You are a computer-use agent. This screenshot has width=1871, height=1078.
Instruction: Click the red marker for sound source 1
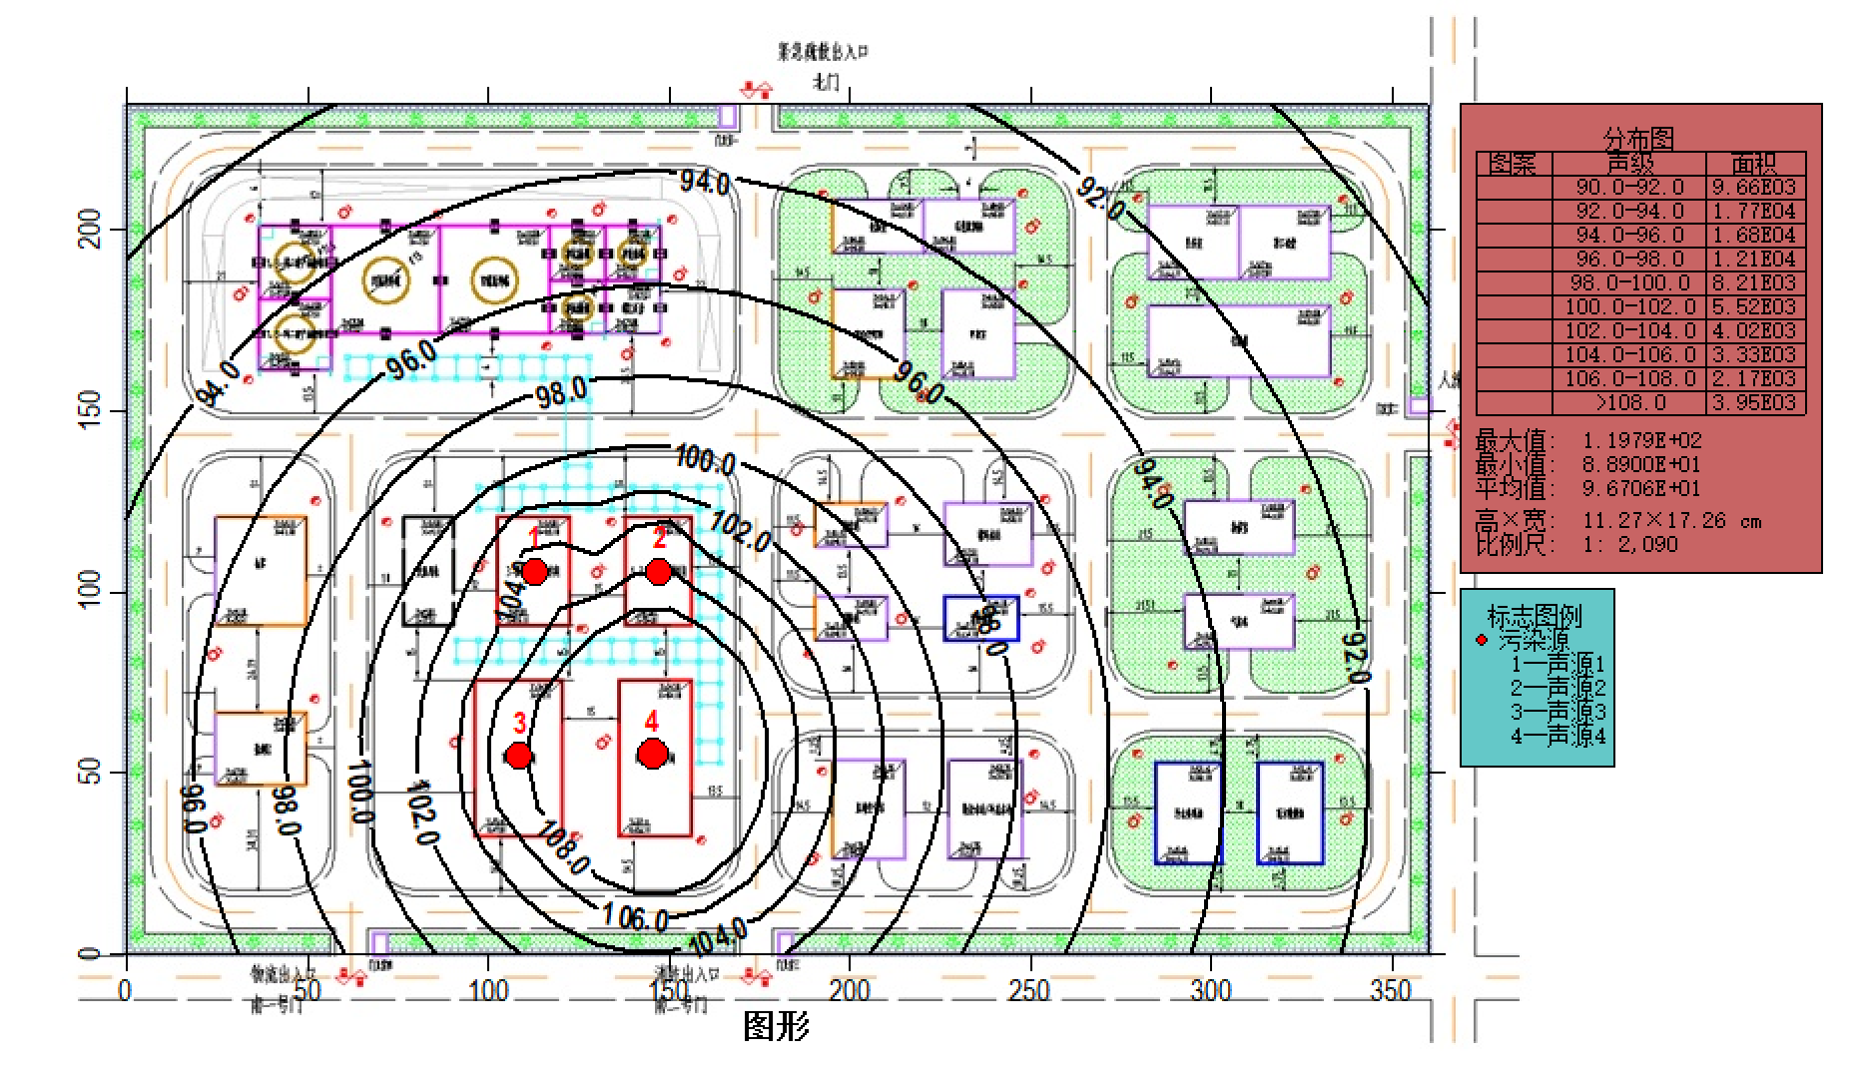tap(534, 572)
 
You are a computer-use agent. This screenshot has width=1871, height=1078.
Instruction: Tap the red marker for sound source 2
tap(658, 572)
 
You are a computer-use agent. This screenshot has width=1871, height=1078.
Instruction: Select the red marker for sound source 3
tap(518, 756)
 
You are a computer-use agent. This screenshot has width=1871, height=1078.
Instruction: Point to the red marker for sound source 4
tap(652, 754)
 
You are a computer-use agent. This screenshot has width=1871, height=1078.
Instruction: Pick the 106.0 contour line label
tap(635, 916)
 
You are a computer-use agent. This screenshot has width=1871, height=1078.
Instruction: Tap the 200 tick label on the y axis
tap(89, 230)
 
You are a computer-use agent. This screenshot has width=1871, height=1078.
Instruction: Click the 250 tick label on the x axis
tap(1029, 991)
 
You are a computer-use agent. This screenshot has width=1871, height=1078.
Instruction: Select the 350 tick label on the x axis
tap(1391, 991)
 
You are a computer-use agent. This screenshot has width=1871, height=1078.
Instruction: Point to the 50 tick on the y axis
tap(89, 773)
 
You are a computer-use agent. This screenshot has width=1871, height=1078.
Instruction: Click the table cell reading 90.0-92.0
tap(1629, 188)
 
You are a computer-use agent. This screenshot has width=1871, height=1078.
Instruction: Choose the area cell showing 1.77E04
tap(1754, 212)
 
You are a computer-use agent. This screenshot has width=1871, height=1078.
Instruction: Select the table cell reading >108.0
tap(1629, 403)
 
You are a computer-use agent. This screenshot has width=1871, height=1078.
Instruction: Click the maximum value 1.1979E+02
tap(1641, 440)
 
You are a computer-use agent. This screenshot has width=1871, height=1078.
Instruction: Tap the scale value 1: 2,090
tap(1629, 545)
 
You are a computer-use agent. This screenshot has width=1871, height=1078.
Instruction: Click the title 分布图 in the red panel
tap(1638, 138)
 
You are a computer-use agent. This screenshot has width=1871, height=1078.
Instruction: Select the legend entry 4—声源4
tap(1558, 737)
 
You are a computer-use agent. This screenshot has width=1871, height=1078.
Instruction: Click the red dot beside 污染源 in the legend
tap(1482, 640)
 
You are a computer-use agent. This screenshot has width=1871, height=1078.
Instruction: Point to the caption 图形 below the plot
tap(776, 1026)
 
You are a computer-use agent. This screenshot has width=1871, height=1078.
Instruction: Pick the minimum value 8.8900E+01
tap(1641, 464)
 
